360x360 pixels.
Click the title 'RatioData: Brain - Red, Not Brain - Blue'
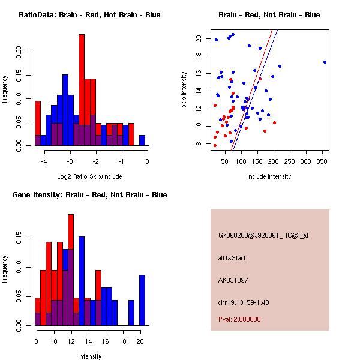pos(89,14)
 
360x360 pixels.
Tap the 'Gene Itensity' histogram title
pos(89,194)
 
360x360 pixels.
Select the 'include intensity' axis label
pos(269,176)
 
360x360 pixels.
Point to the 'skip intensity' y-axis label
pos(185,89)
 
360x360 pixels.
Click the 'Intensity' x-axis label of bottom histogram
pos(89,356)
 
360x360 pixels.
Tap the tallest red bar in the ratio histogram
pos(82,90)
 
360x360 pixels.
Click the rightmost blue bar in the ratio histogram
pos(142,140)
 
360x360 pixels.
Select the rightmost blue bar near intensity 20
pos(142,300)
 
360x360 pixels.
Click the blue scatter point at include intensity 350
pos(325,62)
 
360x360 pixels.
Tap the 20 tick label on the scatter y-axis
pos(198,38)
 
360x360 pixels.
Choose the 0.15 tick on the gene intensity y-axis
pos(19,239)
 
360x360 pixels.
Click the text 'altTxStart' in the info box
pos(232,258)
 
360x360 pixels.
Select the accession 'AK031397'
pos(233,280)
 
